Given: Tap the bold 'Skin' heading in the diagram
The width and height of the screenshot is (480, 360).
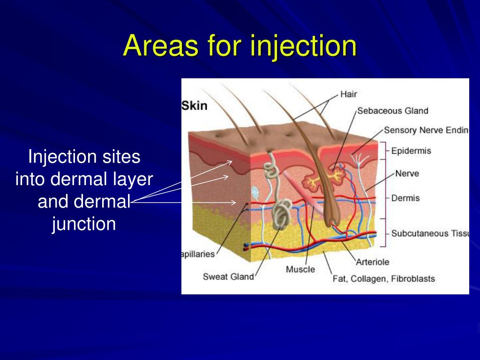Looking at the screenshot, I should coord(195,105).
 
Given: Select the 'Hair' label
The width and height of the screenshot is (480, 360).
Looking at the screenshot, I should coord(348,94).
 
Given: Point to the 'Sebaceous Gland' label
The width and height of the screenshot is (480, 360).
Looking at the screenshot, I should coord(393,111).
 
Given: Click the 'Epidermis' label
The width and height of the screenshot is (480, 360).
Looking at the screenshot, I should coord(411,151).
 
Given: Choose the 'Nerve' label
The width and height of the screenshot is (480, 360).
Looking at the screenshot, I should coord(407,173).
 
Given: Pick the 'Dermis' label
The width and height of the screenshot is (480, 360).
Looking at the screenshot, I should coord(405,198).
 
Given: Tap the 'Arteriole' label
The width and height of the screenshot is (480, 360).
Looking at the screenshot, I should coord(372,262).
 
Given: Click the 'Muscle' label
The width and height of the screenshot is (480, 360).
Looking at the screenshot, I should coord(300,270).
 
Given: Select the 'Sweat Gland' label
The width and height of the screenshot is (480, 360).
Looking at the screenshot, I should coord(228,277).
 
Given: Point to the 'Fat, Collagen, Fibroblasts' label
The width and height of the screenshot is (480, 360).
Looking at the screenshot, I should coord(383,278).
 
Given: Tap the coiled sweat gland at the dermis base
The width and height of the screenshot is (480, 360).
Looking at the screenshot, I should coord(281,216).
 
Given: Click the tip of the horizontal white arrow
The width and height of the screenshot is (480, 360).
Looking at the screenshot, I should coord(236,202).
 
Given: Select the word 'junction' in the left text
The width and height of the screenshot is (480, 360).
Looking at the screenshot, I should coord(84,224).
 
